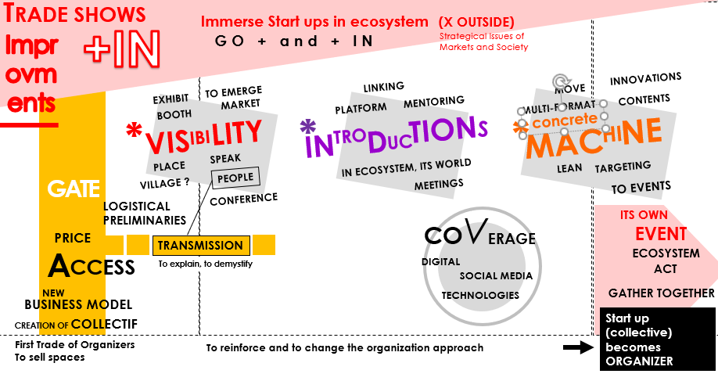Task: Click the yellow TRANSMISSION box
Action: [201, 246]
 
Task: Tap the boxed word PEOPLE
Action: [235, 178]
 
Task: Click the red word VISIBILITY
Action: [204, 136]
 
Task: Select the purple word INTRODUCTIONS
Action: [396, 135]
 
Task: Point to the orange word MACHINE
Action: [594, 138]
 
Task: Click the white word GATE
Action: [74, 189]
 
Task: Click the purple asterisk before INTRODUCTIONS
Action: [308, 127]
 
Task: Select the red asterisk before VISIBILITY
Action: [135, 131]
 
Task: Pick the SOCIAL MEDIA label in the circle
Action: [496, 275]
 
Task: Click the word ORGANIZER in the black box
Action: [639, 361]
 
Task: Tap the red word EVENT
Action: [661, 234]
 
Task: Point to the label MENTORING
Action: [433, 102]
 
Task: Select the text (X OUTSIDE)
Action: [476, 22]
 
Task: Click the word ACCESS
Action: [92, 267]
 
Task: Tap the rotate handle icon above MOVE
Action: [559, 82]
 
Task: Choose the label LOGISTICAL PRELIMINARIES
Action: [145, 214]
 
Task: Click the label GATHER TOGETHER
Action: [661, 293]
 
